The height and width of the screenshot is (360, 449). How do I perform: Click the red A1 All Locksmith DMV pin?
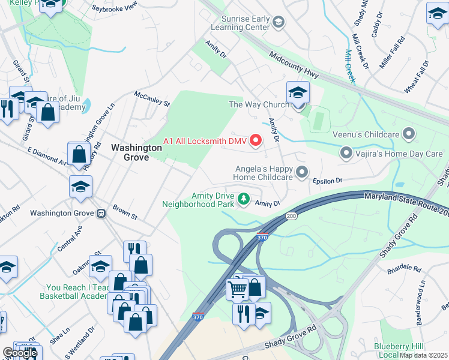click(x=256, y=141)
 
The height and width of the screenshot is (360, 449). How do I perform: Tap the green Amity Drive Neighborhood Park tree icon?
click(x=244, y=198)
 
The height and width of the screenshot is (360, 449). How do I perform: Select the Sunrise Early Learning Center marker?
click(x=278, y=23)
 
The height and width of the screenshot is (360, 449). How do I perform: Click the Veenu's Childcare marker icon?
click(x=410, y=133)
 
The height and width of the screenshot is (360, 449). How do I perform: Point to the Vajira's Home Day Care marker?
click(x=346, y=154)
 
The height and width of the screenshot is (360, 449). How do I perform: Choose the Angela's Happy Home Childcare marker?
click(x=302, y=173)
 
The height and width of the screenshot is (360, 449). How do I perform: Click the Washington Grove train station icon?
click(x=101, y=213)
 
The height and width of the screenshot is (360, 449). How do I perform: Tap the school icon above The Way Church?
click(x=297, y=93)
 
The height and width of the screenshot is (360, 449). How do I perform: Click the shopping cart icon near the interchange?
click(x=237, y=290)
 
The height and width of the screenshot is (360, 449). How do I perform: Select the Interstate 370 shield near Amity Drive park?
click(x=262, y=238)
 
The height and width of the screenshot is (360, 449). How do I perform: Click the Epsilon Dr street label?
click(x=327, y=180)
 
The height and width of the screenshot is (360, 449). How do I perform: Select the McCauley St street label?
click(x=152, y=98)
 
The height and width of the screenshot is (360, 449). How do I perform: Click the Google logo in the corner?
click(x=20, y=352)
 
